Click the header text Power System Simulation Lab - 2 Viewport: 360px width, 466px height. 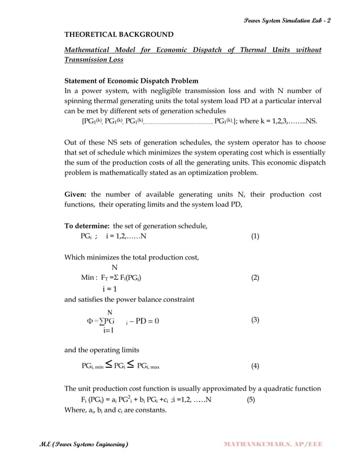point(287,21)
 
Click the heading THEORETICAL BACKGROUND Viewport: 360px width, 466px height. point(119,34)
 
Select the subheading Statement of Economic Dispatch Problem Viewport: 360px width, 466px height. point(131,80)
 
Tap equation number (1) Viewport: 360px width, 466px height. point(255,236)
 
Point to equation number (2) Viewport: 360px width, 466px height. point(255,278)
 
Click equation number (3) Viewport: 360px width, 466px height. point(255,320)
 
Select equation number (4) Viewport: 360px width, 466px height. point(255,366)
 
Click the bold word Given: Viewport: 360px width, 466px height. point(76,195)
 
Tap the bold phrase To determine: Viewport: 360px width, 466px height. point(87,226)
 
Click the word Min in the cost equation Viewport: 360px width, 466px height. point(87,278)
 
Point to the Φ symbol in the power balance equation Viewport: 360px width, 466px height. point(89,321)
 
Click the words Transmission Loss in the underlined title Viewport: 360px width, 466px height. point(94,60)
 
